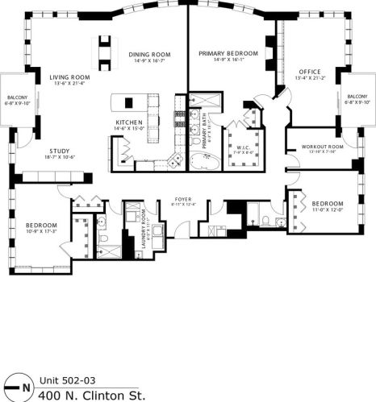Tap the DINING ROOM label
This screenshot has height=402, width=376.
pyautogui.click(x=147, y=55)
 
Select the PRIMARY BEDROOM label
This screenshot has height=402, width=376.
pyautogui.click(x=228, y=53)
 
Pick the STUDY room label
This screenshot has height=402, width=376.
pyautogui.click(x=59, y=150)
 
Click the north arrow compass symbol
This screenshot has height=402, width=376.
pyautogui.click(x=19, y=386)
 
